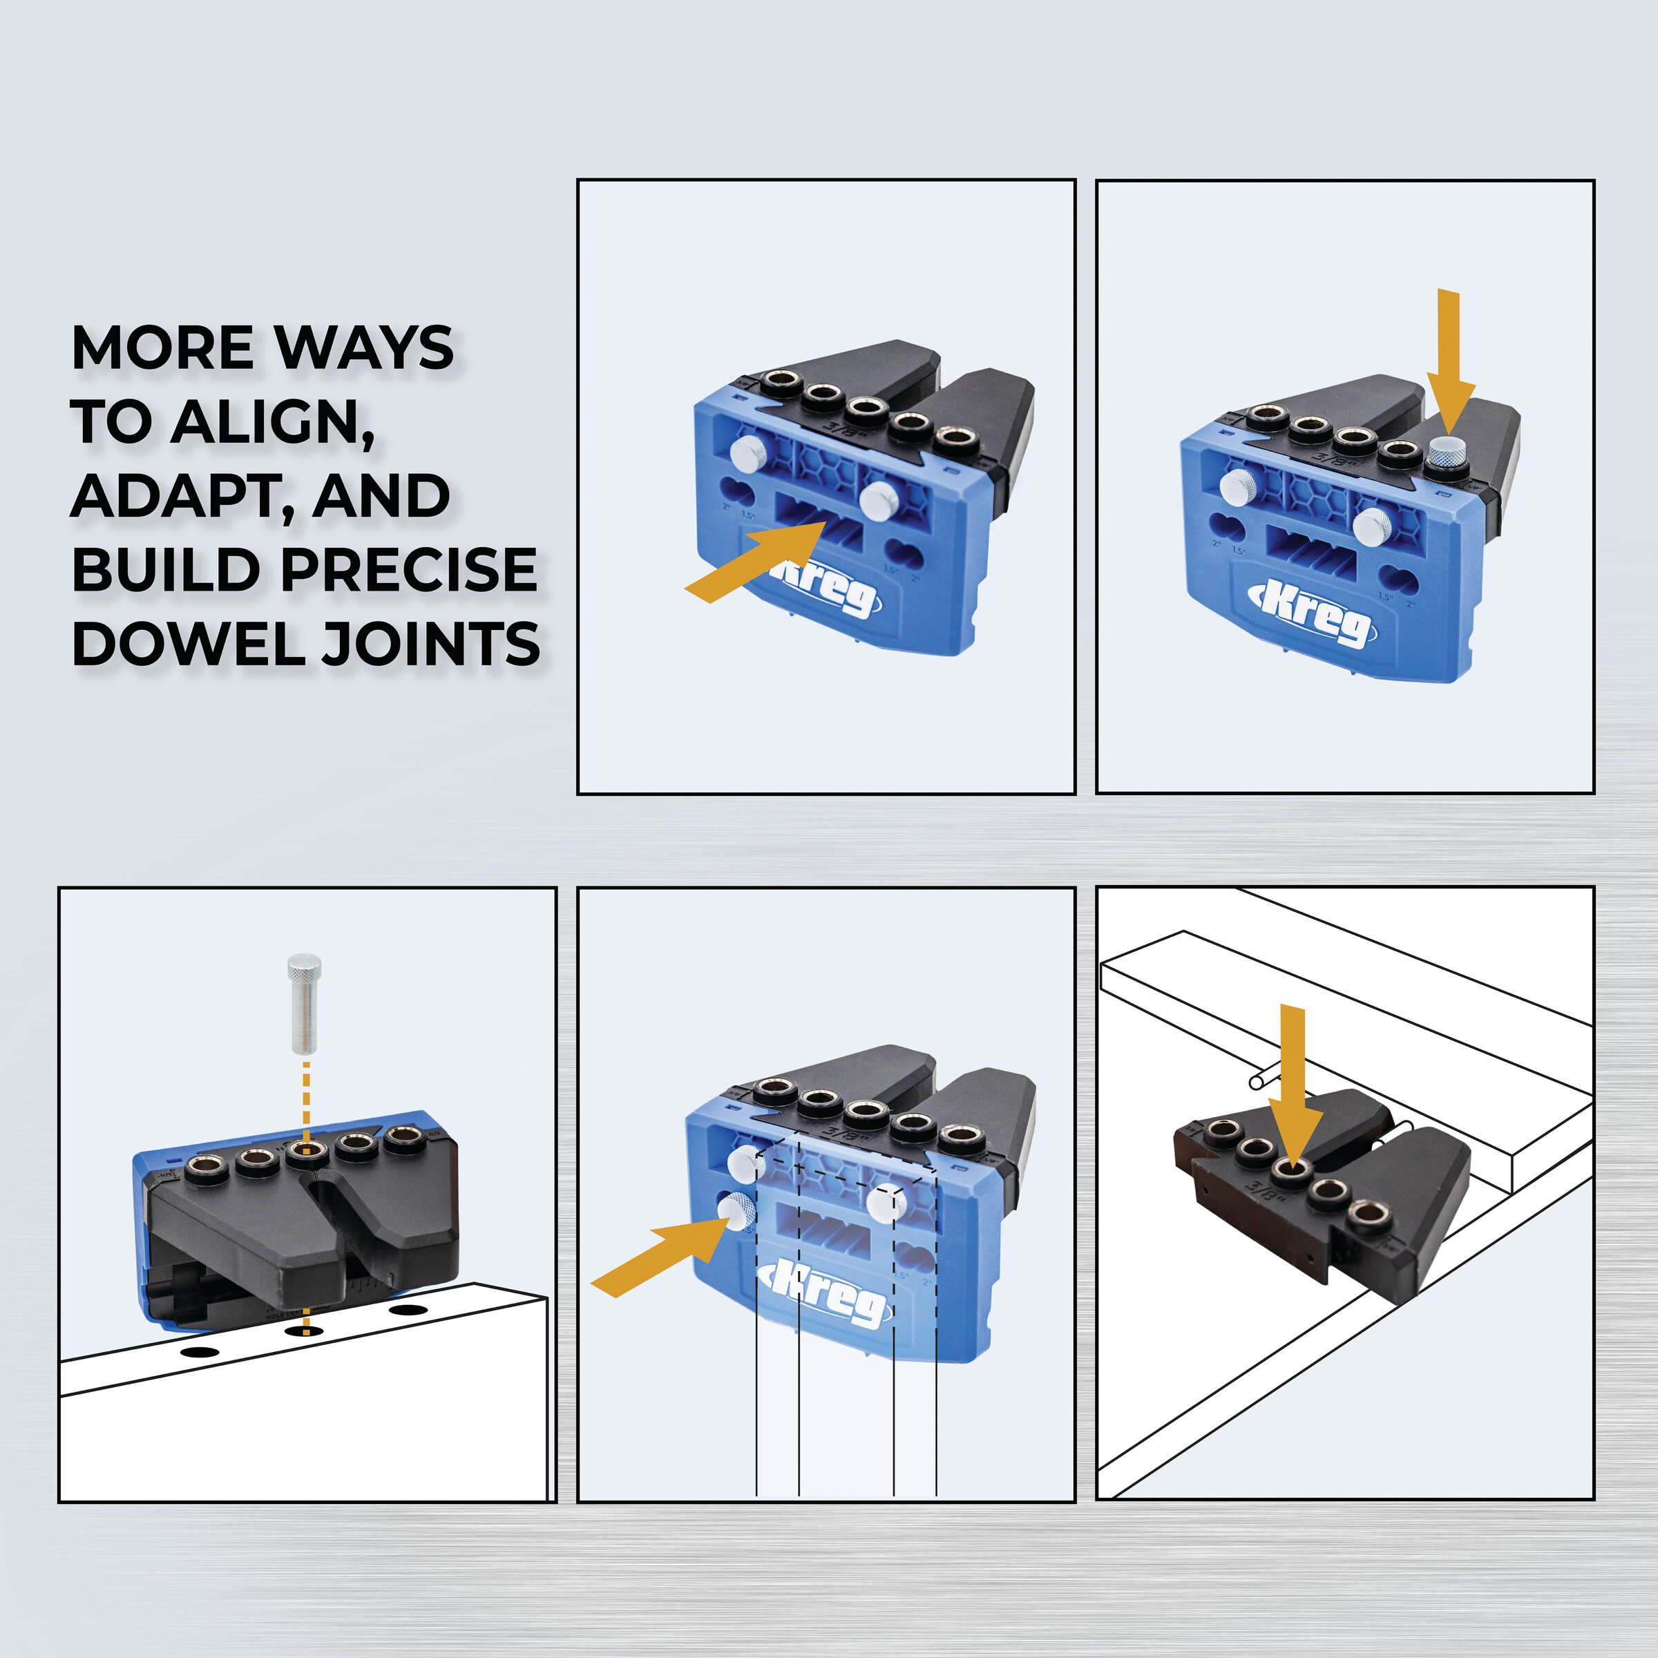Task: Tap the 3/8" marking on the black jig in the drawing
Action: (1276, 1212)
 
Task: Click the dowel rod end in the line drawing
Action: (1257, 1082)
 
